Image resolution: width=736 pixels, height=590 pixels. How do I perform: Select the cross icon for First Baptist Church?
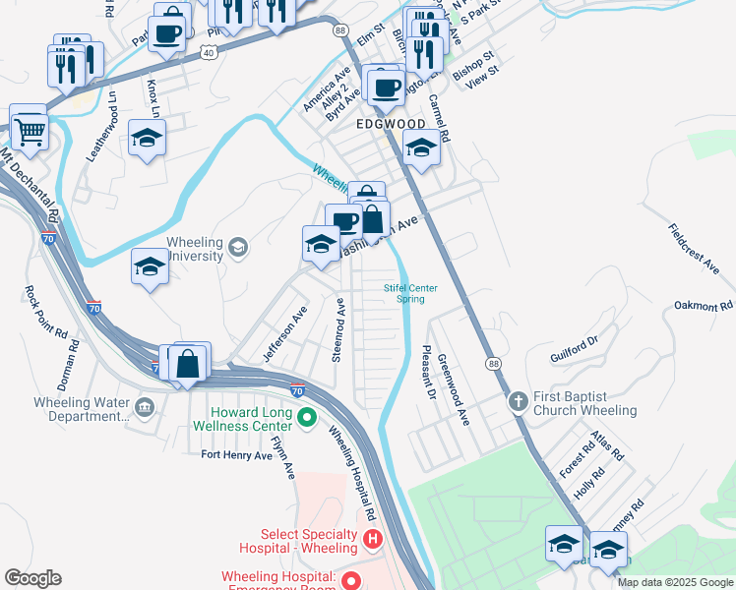click(519, 401)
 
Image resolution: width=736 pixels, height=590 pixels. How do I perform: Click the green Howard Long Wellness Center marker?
click(306, 418)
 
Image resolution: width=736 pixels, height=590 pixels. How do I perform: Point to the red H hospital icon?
click(372, 539)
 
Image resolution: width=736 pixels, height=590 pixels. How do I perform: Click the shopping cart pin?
click(30, 128)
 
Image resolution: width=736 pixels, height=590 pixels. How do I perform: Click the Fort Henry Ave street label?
click(236, 455)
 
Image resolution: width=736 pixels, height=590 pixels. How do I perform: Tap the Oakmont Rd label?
click(704, 306)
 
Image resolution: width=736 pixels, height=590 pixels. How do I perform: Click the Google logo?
click(32, 578)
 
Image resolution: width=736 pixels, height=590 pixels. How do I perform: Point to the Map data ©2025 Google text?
click(674, 582)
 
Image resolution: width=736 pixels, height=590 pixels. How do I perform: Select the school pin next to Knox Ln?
click(147, 139)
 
